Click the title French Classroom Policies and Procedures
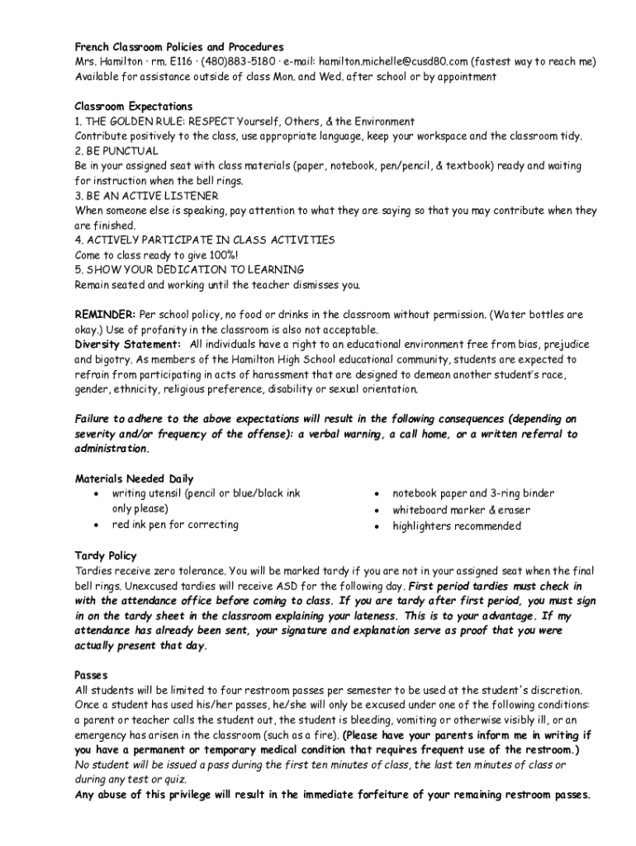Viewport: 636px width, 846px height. click(x=179, y=47)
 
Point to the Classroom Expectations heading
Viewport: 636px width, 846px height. click(x=133, y=107)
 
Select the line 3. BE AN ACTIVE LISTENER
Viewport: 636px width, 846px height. click(x=146, y=196)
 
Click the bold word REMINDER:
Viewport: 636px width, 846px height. click(x=105, y=315)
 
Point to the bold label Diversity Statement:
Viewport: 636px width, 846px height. click(x=128, y=345)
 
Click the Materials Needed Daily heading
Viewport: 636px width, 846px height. click(x=134, y=478)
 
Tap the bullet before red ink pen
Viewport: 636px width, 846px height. click(x=97, y=525)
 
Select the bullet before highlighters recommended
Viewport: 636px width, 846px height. click(x=377, y=526)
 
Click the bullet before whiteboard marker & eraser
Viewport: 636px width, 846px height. click(x=377, y=511)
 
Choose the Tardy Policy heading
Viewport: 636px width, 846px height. click(x=106, y=556)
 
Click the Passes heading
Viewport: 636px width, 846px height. click(x=92, y=675)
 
